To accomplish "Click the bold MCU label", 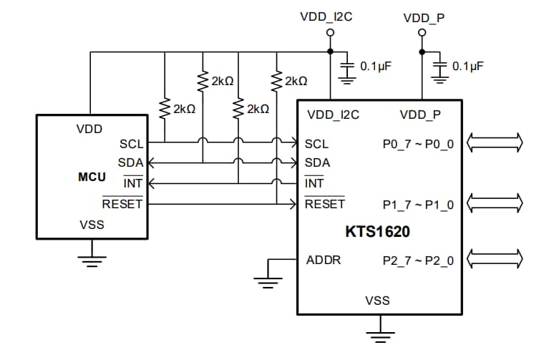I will (92, 177).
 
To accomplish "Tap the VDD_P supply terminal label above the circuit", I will (424, 15).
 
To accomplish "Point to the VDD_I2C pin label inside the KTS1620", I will (333, 115).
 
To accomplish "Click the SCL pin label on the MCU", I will (131, 144).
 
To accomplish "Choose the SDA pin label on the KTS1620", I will (317, 162).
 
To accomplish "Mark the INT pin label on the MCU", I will (133, 183).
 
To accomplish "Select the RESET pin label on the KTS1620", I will (324, 204).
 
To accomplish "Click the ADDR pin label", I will (323, 259).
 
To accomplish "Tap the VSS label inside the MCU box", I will (92, 224).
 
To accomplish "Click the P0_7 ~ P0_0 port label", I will (418, 144).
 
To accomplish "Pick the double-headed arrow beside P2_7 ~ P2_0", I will (494, 256).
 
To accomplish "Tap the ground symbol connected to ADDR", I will (267, 282).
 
